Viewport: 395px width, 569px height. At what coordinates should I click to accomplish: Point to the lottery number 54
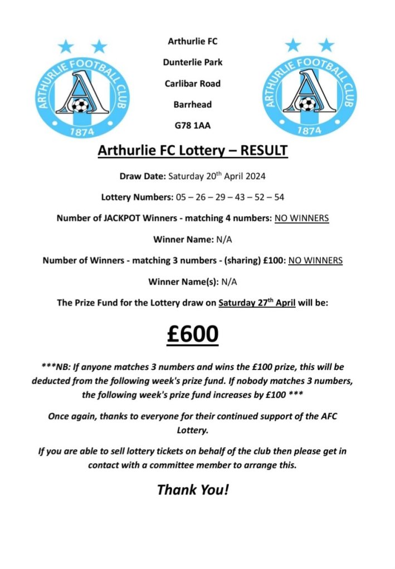click(x=281, y=197)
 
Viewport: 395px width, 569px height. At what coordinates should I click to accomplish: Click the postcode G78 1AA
click(x=193, y=125)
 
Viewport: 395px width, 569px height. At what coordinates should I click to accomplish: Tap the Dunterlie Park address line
click(x=193, y=62)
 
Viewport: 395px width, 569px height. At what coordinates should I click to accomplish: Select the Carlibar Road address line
click(x=193, y=83)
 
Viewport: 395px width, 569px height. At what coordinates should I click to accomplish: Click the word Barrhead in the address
click(x=193, y=105)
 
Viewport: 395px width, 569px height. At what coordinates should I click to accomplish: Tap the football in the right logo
click(x=307, y=104)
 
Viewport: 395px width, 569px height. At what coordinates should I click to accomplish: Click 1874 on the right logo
click(x=309, y=131)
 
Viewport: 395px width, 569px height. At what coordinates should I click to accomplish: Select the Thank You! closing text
click(x=193, y=490)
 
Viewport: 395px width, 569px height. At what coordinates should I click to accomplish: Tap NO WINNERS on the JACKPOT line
click(x=301, y=219)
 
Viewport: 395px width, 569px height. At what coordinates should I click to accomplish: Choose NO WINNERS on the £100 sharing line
click(x=315, y=260)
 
